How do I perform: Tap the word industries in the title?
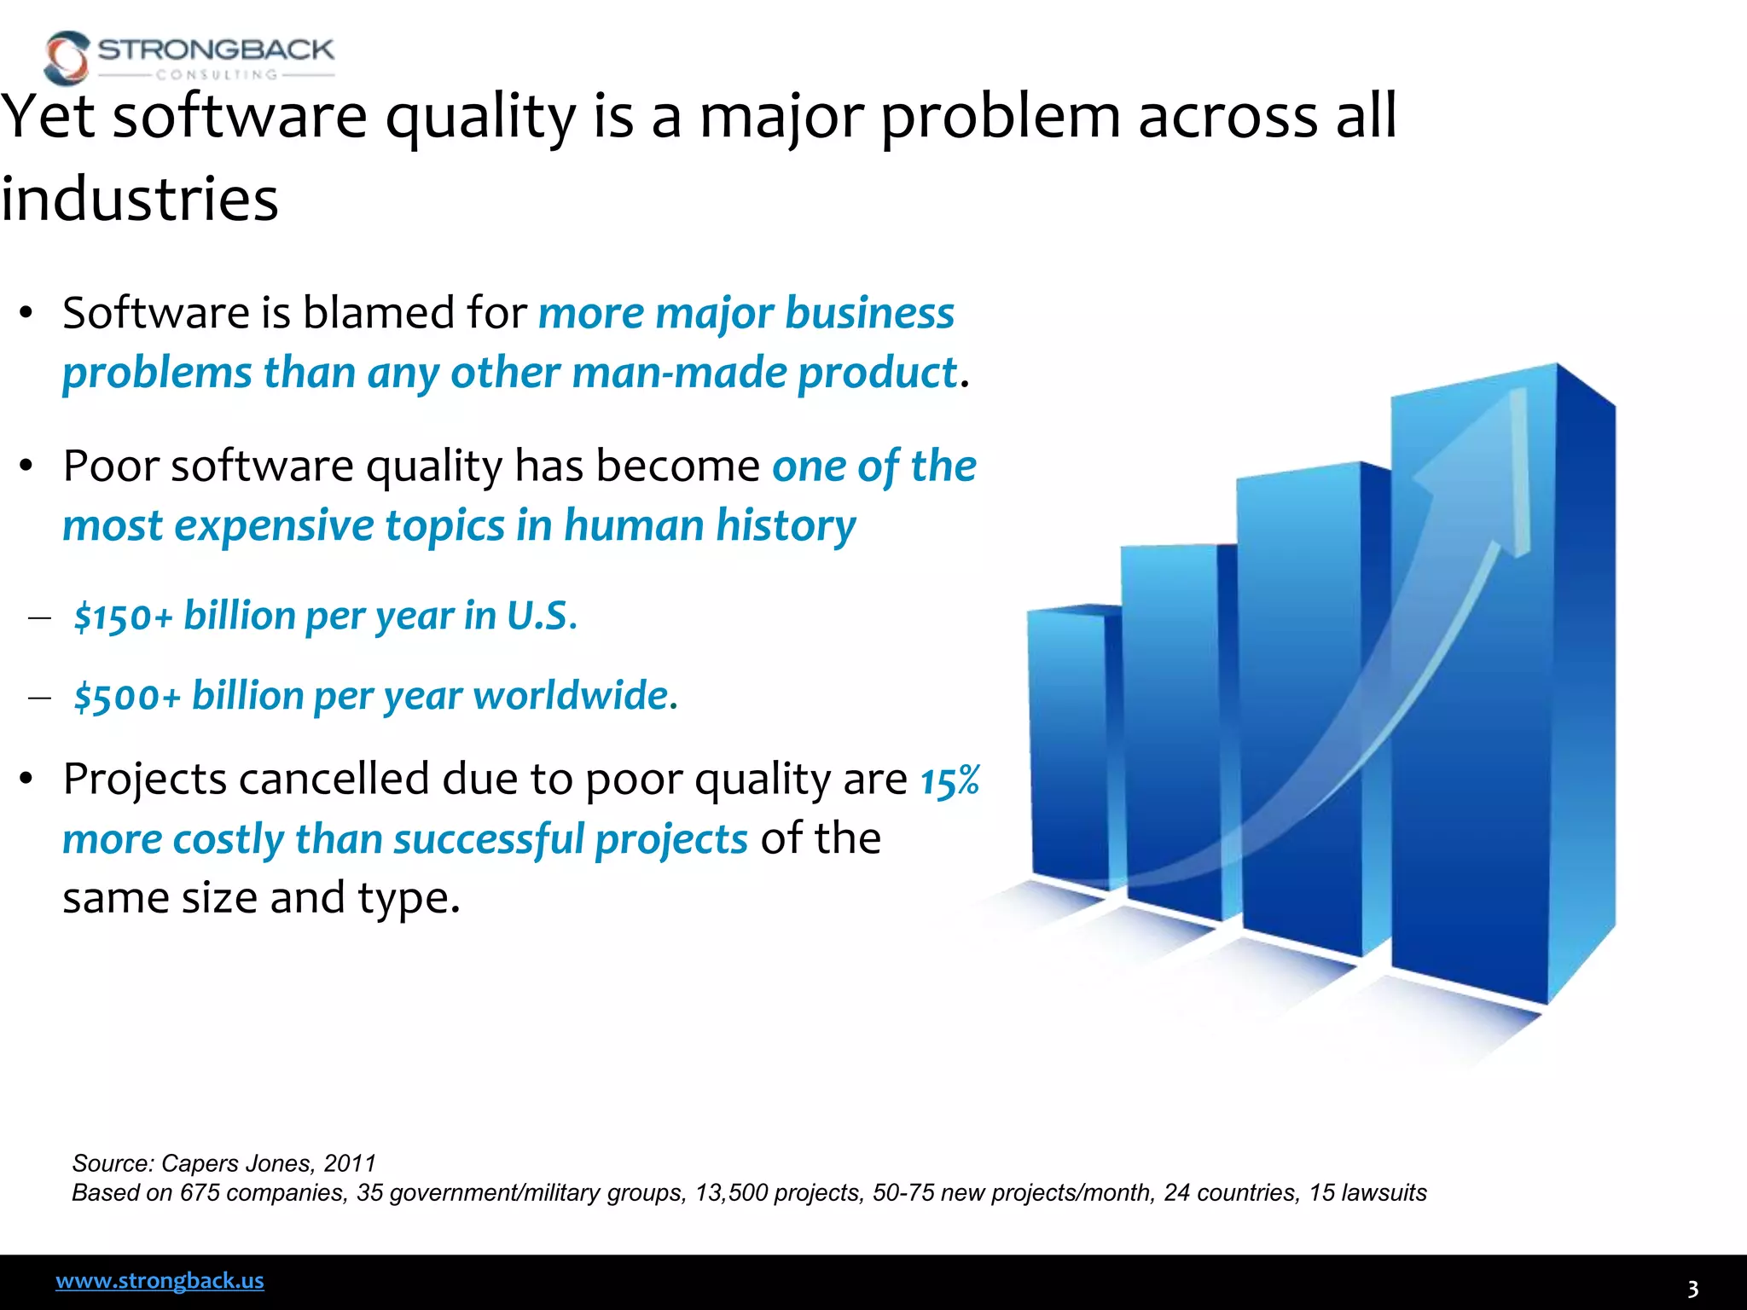[x=139, y=199]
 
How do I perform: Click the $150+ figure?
[x=124, y=617]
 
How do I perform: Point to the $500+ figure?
[x=128, y=697]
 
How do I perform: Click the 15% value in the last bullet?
[x=949, y=780]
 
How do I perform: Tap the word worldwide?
[x=575, y=696]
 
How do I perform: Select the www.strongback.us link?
[x=160, y=1281]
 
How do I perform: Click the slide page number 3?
[x=1693, y=1289]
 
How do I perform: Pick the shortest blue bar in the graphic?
[x=1068, y=742]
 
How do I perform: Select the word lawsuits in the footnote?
[x=1384, y=1192]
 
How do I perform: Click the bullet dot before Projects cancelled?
[x=26, y=779]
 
